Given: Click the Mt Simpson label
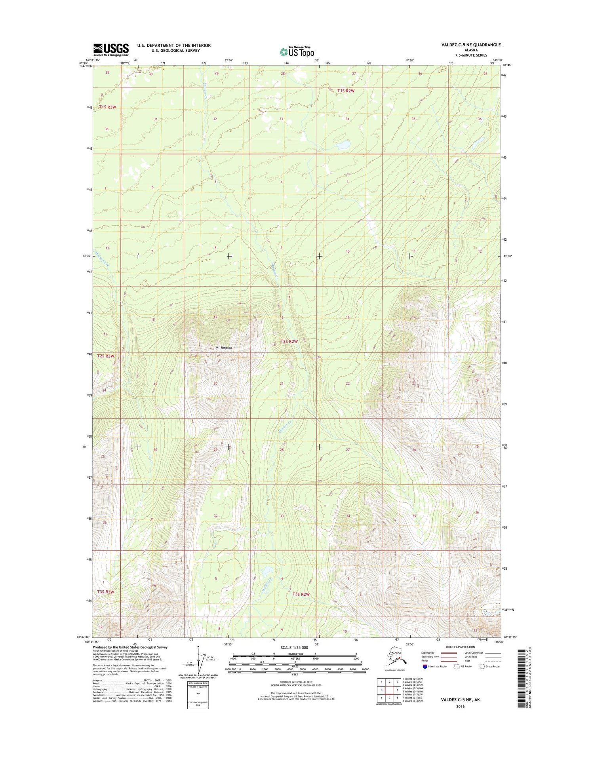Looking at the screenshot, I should point(224,348).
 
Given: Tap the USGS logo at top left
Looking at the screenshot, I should point(111,49).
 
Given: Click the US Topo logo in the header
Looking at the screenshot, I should point(297,51).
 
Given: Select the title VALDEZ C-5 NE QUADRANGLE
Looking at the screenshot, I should point(471,45).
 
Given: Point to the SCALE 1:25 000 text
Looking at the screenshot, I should point(294,648).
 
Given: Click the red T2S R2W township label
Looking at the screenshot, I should point(289,341).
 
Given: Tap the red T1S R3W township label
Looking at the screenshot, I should point(108,107).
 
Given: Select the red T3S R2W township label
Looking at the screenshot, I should point(301,594).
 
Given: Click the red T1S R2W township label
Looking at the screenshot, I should point(346,91).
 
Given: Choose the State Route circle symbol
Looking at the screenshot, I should point(482,666).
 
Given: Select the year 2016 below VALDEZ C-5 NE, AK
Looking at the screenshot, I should point(460,706).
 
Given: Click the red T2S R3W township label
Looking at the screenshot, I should point(106,356).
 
